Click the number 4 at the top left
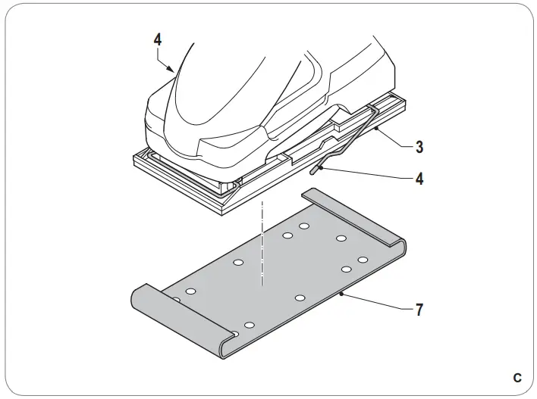click(x=158, y=40)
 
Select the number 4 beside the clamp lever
click(x=419, y=179)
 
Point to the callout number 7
click(x=419, y=310)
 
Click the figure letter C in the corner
click(x=517, y=377)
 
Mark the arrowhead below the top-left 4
click(x=174, y=69)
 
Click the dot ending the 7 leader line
click(x=342, y=292)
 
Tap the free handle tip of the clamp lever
click(x=315, y=169)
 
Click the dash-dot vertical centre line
click(x=262, y=242)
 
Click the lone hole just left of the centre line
click(x=238, y=263)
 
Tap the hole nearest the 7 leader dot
click(x=300, y=298)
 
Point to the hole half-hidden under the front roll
click(x=174, y=301)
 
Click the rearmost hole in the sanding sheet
click(x=304, y=226)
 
